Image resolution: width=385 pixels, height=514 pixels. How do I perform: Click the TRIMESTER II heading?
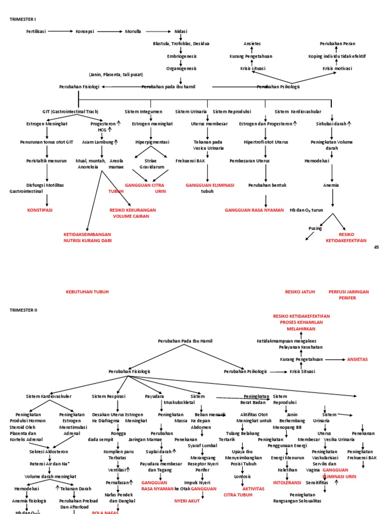[x=23, y=310]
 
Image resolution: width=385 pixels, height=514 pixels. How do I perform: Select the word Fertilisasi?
[x=36, y=31]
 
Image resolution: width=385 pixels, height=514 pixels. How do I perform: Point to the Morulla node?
[x=133, y=31]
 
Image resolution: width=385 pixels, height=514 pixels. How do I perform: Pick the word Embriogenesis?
[x=181, y=56]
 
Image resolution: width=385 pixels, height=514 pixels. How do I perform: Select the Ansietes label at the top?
[x=252, y=44]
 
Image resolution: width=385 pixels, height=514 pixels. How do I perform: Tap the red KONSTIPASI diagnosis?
[x=40, y=210]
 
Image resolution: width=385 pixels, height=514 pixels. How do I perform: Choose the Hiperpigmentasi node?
[x=152, y=142]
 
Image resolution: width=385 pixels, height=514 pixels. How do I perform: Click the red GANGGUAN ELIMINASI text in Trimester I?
[x=210, y=185]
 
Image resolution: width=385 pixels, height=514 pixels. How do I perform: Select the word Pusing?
[x=314, y=228]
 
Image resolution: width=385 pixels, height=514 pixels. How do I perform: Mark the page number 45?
[x=376, y=247]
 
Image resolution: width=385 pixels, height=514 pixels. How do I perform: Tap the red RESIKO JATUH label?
[x=300, y=292]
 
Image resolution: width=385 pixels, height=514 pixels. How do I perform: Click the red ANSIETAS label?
[x=357, y=359]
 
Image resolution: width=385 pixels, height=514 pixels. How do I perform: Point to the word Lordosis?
[x=242, y=476]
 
